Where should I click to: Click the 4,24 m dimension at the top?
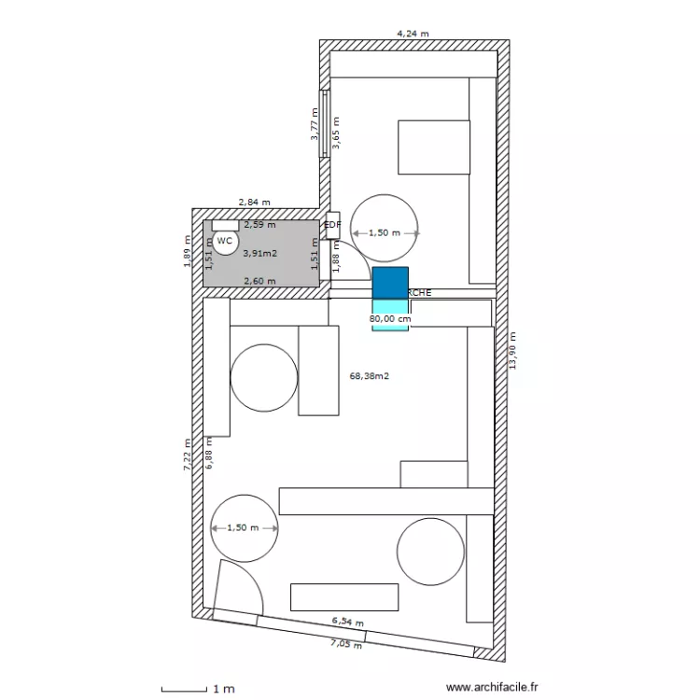point(413,33)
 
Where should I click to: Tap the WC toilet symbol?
point(225,241)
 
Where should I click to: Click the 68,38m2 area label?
point(369,377)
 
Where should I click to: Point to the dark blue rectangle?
point(390,283)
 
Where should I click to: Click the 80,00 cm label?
point(390,318)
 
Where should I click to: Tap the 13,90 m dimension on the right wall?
point(511,351)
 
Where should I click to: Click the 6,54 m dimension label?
point(347,622)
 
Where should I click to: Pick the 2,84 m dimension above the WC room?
point(254,202)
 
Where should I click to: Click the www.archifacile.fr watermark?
point(492,687)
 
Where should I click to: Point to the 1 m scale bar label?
point(223,690)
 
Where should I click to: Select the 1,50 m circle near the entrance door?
point(245,527)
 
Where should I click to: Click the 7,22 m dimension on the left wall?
point(187,455)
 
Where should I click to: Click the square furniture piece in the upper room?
point(434,147)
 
